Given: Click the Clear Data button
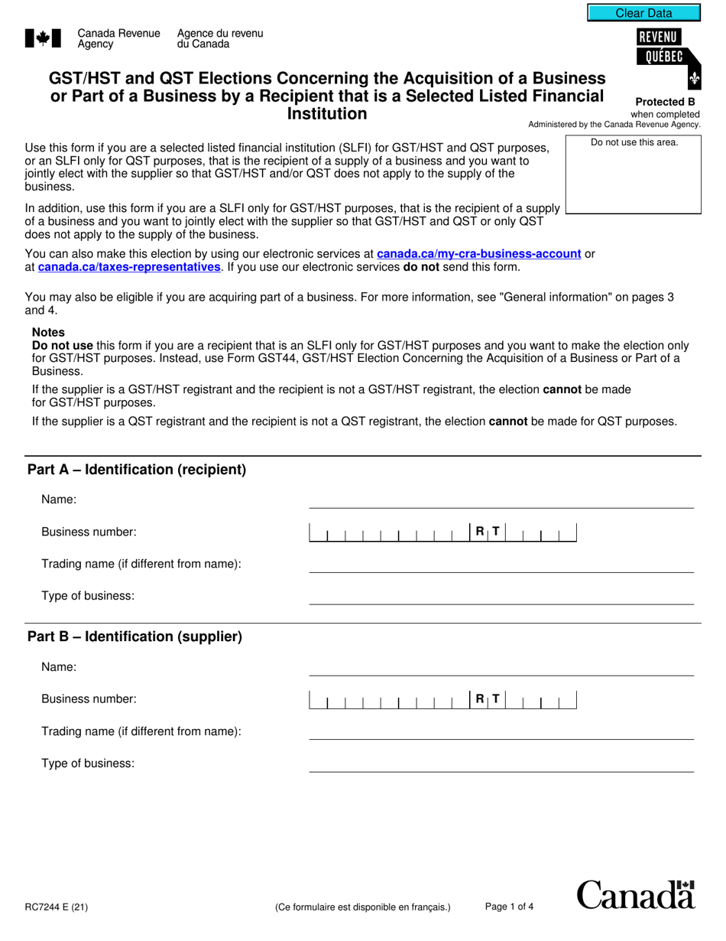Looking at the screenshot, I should (643, 13).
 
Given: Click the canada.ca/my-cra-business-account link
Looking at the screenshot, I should (478, 253).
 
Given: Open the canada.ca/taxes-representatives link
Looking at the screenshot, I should (128, 267).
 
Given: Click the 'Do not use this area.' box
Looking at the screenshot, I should (634, 174).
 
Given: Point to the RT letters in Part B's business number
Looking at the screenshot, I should (488, 698).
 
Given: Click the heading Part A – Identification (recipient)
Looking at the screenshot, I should (137, 470).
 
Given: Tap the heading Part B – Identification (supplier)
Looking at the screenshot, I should (135, 637).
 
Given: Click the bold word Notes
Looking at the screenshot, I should (48, 332).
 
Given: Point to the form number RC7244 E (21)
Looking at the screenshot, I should (57, 908).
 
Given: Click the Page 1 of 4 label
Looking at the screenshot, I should (509, 907).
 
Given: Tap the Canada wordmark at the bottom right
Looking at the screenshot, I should (635, 894).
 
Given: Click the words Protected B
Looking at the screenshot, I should (665, 102).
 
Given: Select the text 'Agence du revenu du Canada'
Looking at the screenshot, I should (219, 38).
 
